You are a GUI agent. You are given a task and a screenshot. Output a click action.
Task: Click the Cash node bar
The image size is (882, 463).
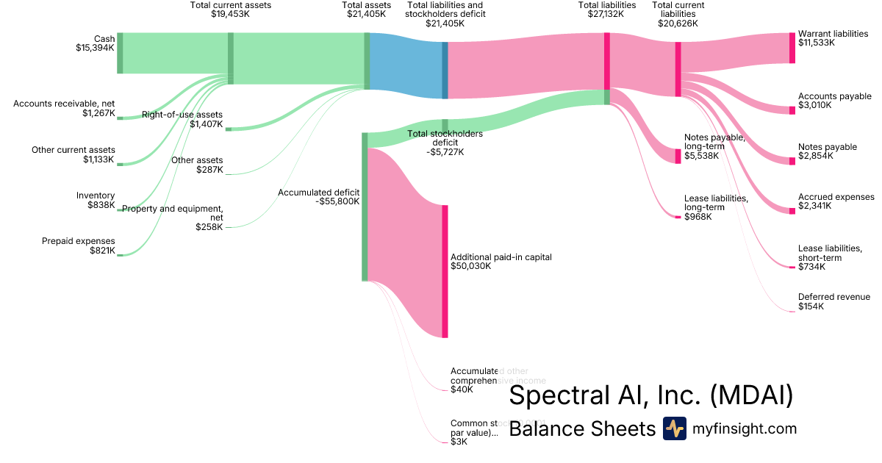pos(120,53)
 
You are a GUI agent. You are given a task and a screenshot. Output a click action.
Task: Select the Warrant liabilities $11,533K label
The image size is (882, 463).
pos(833,38)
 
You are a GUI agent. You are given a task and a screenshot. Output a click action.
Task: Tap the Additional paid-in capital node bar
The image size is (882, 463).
pos(445,271)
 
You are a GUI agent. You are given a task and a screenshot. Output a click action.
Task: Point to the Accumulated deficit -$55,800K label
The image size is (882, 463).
pos(318,196)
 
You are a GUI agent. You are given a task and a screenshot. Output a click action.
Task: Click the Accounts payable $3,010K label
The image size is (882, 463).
pos(834,101)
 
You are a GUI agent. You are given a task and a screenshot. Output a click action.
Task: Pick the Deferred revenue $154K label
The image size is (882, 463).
pos(833,301)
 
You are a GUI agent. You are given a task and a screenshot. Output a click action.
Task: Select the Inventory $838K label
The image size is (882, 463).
pos(96,200)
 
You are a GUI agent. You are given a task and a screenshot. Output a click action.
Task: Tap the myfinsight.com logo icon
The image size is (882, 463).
pos(674,428)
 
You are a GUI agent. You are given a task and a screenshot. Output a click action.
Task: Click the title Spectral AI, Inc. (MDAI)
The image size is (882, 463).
pos(650,395)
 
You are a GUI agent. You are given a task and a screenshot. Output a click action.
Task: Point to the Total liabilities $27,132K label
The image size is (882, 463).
pos(606,10)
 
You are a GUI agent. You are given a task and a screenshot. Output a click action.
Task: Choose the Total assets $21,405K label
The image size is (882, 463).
pos(366,10)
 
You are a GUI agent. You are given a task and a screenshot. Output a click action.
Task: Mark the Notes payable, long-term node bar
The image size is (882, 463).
pos(678,156)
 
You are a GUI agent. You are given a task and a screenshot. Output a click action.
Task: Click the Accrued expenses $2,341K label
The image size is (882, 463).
pos(836,201)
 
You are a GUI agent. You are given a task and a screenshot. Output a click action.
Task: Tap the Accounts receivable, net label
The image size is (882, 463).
pos(64,108)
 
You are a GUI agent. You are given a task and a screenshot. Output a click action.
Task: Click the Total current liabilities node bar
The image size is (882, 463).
pos(678,69)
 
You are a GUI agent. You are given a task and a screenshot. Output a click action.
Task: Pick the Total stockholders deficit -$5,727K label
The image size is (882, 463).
pos(445,143)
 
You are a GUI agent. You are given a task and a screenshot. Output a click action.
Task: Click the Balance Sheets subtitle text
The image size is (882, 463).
pos(581,428)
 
